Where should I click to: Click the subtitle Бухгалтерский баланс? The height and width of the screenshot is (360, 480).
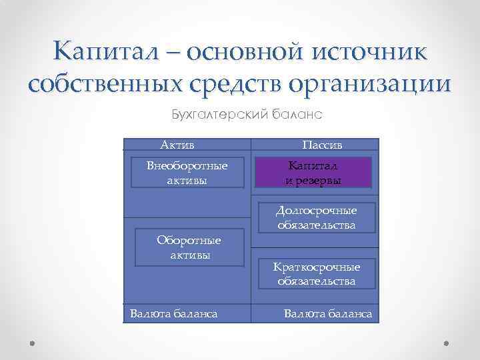[246, 114]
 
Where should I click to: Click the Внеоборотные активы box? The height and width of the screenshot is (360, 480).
[187, 173]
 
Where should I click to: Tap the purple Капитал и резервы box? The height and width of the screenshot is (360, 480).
[313, 173]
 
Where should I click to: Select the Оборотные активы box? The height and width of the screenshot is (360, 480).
[189, 247]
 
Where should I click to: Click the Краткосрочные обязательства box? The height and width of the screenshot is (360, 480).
[316, 274]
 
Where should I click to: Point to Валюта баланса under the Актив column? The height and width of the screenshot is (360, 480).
[174, 313]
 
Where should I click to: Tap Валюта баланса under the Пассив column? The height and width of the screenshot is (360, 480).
[328, 313]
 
